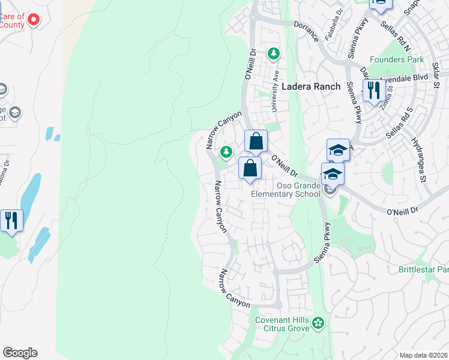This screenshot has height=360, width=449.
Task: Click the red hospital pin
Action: [34, 19]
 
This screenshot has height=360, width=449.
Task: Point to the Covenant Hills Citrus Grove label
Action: [282, 324]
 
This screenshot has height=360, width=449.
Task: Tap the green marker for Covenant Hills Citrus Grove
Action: [318, 324]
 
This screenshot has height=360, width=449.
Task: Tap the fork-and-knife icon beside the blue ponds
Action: [11, 221]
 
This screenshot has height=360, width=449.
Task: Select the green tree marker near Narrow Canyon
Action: [226, 152]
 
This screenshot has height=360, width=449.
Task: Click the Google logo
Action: [20, 353]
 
